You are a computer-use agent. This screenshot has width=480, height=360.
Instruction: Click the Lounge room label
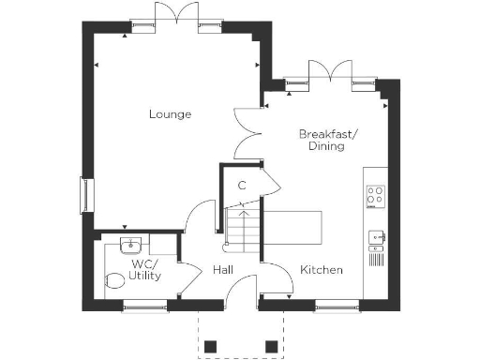click(170, 114)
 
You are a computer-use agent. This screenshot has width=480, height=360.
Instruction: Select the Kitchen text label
click(321, 270)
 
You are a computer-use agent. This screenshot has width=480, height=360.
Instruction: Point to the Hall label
click(223, 270)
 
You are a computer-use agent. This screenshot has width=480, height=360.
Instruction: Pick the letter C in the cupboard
click(242, 185)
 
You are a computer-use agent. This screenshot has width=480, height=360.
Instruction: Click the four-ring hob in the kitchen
click(375, 196)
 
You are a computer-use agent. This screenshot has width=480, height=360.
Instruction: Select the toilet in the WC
click(117, 278)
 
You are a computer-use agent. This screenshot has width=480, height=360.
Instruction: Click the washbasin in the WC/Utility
click(128, 247)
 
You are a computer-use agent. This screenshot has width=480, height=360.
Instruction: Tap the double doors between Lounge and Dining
click(246, 131)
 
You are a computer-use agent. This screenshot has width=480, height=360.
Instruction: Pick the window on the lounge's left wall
click(87, 195)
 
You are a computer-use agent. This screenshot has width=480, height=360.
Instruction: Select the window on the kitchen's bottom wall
click(335, 304)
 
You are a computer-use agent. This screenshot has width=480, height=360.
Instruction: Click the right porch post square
click(271, 346)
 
